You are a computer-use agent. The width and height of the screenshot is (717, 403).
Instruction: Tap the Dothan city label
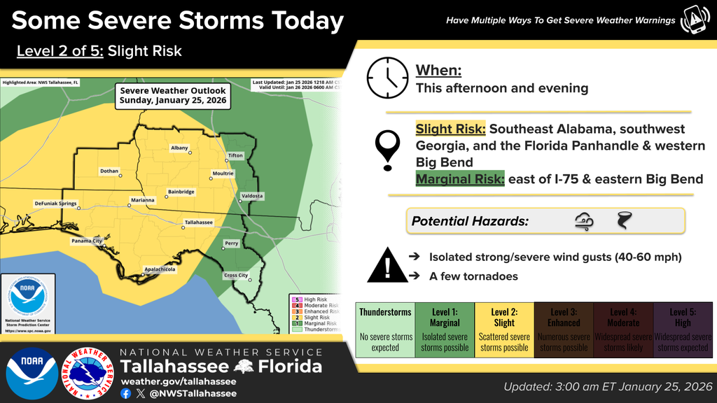click(x=109, y=171)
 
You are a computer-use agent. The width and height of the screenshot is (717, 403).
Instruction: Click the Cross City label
click(x=235, y=275)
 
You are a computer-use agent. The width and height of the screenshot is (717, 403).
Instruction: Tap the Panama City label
click(x=87, y=241)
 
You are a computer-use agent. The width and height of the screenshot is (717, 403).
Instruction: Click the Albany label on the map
click(x=179, y=148)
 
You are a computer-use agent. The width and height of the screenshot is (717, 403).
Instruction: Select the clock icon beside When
click(x=386, y=78)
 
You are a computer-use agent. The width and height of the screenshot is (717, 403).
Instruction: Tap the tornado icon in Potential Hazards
click(x=622, y=221)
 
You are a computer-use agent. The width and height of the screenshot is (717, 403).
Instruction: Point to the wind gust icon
click(x=583, y=221)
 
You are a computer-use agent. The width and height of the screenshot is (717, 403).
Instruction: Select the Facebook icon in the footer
click(x=125, y=393)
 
